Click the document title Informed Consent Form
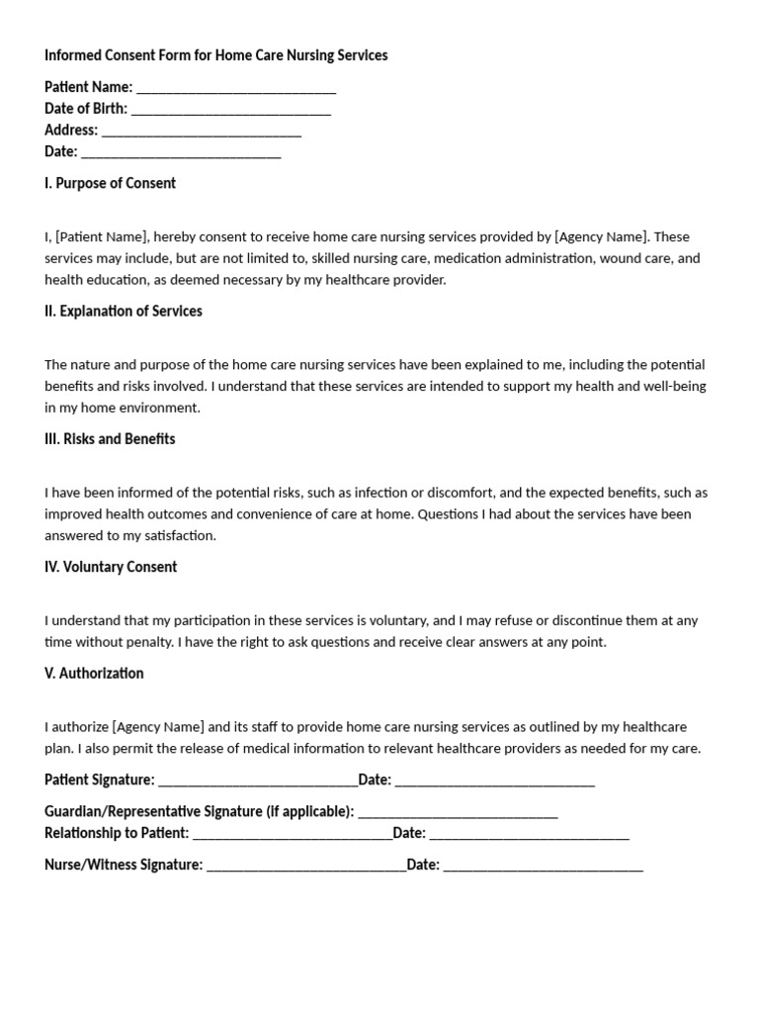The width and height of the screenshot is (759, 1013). [215, 55]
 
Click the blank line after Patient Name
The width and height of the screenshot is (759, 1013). [236, 88]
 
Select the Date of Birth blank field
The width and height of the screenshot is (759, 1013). [231, 110]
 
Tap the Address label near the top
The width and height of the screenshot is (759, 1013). [70, 130]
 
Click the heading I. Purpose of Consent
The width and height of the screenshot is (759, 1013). [110, 183]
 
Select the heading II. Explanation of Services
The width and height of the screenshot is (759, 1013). [123, 311]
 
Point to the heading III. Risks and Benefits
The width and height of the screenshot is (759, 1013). [110, 438]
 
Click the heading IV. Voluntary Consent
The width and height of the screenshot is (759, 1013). [111, 567]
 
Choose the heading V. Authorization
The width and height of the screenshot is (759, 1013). [94, 673]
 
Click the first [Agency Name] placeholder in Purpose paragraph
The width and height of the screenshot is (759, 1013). [601, 236]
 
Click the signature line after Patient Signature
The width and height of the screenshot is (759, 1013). [258, 781]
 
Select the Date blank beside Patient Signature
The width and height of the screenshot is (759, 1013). [494, 781]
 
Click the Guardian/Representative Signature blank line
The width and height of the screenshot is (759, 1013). [458, 812]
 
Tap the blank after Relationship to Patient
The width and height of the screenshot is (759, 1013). [293, 834]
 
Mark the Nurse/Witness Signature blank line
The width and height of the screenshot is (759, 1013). [306, 866]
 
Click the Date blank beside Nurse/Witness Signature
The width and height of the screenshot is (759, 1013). [543, 866]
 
